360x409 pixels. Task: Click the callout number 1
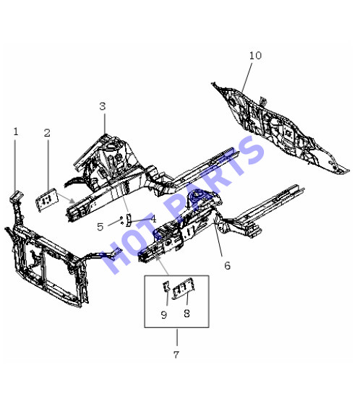tap(16, 132)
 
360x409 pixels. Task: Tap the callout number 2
tap(47, 133)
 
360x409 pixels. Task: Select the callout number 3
tap(103, 106)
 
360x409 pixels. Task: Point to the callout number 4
tap(153, 219)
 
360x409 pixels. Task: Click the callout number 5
tap(100, 227)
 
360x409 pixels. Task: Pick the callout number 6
tap(227, 265)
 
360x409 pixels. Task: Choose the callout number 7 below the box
tap(176, 355)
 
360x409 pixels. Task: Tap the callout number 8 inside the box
tap(187, 314)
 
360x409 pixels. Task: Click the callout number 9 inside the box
tap(164, 315)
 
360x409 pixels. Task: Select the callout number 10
tap(255, 56)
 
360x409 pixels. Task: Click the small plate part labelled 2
tap(47, 200)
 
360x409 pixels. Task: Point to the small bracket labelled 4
tap(128, 220)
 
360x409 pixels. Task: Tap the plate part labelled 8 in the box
tap(184, 288)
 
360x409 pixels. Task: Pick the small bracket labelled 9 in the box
tap(166, 286)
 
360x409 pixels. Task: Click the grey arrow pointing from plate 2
tap(66, 198)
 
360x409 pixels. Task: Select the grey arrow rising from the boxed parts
tap(162, 265)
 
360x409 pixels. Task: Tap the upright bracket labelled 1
tap(16, 206)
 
